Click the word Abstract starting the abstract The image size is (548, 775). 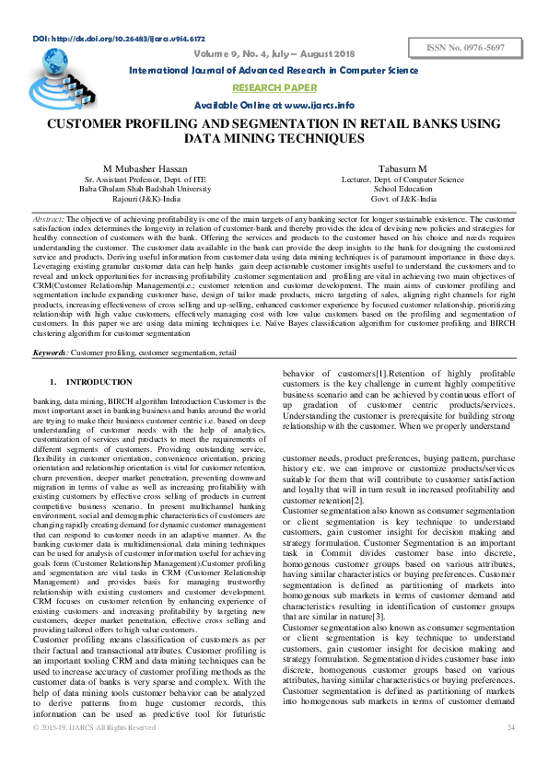pos(48,221)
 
